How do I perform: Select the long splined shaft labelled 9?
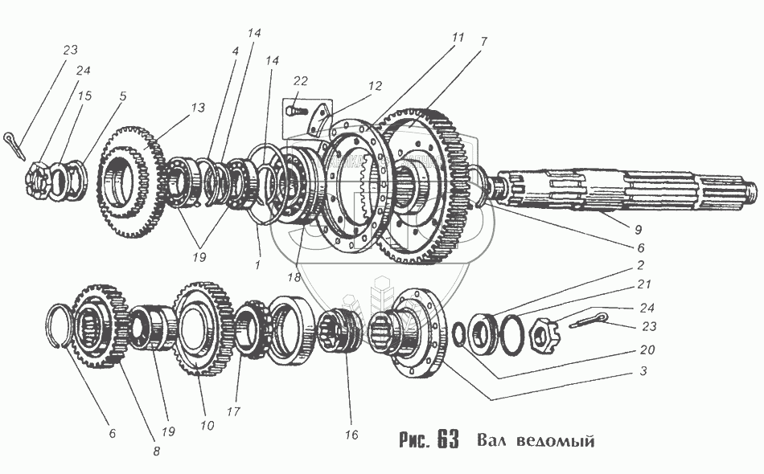(627, 192)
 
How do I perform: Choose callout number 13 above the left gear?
(198, 108)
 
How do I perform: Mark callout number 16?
(351, 435)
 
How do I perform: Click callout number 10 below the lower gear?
(207, 425)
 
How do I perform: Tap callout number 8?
(156, 452)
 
